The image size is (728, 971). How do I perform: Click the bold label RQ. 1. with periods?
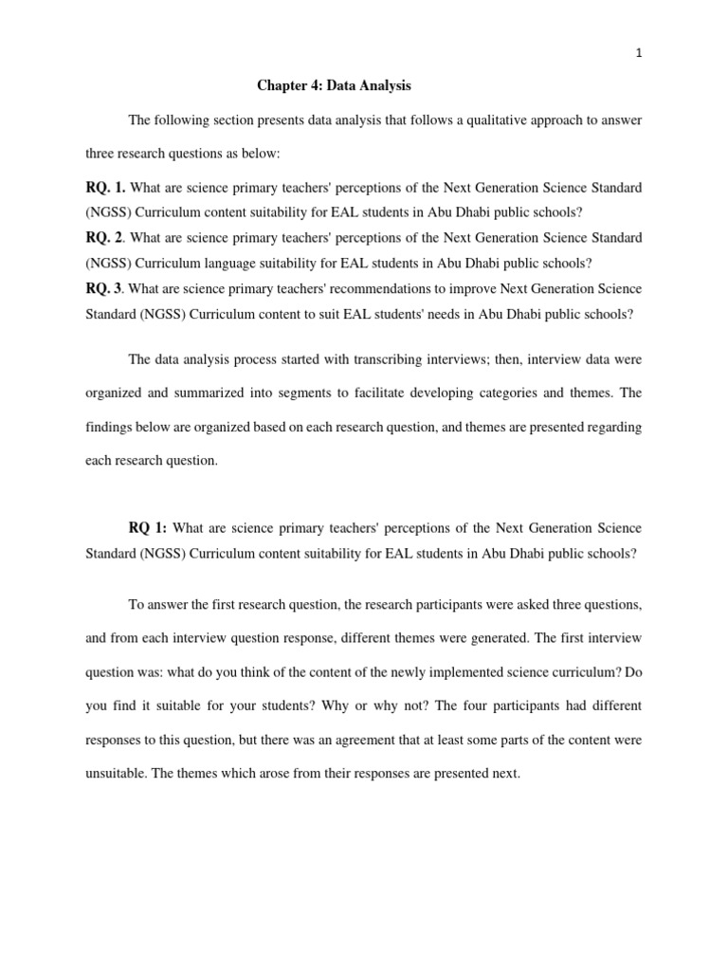105,187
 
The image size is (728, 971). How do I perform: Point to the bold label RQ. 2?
104,237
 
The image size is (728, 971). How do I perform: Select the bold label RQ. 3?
104,288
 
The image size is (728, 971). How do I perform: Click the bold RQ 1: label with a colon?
149,527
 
